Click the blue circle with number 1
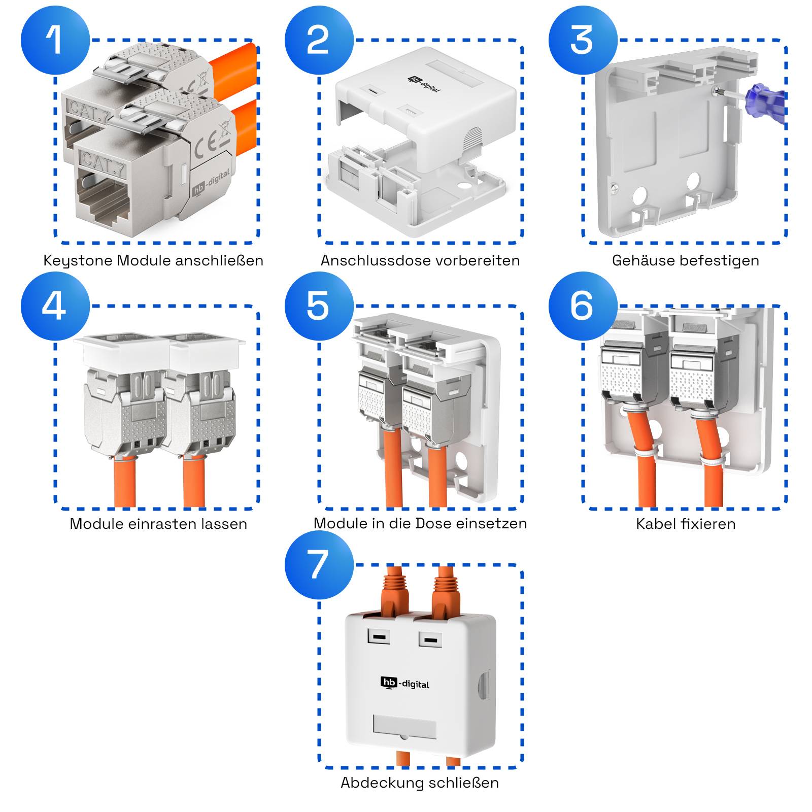click(55, 40)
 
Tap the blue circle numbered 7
click(319, 565)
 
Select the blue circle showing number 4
click(55, 306)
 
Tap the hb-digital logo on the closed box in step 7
click(405, 684)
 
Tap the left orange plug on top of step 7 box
click(395, 591)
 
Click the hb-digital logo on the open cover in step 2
click(424, 84)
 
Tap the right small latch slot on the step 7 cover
click(430, 639)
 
